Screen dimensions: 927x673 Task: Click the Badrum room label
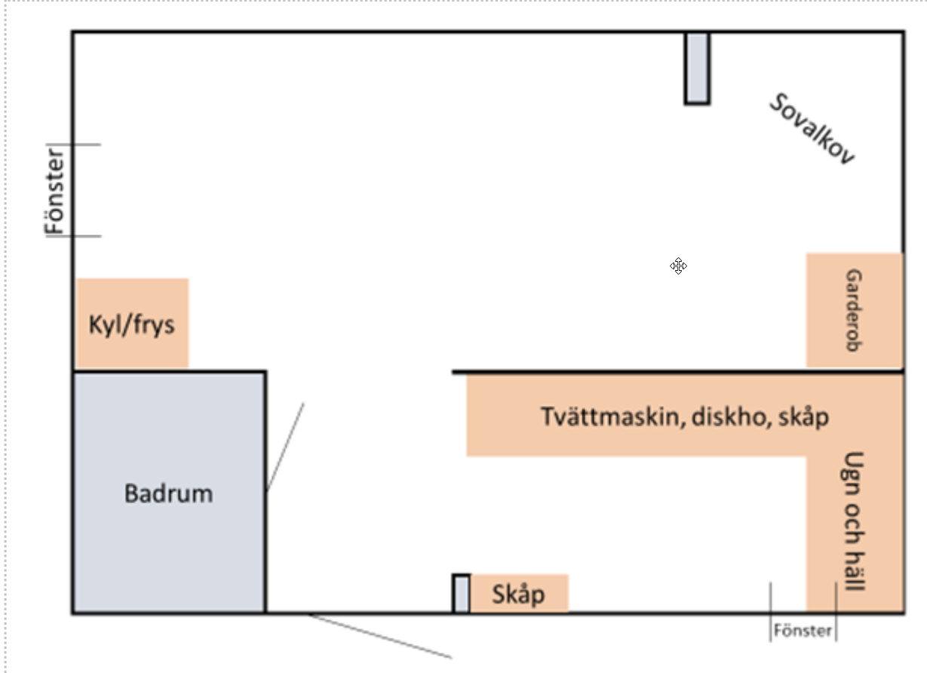[x=169, y=493]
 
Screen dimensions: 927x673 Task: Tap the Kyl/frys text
[x=131, y=325]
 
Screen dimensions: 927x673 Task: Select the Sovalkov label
[x=812, y=129]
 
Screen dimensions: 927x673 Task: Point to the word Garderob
[x=854, y=310]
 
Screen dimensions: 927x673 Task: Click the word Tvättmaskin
[x=611, y=416]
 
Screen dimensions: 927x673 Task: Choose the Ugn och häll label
[x=853, y=521]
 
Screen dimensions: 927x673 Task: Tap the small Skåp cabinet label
[x=518, y=595]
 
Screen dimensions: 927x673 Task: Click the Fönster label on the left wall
[x=54, y=192]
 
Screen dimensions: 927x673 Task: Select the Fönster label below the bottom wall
[x=803, y=630]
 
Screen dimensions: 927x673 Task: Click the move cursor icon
[x=678, y=266]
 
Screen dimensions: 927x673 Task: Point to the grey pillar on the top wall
[x=697, y=68]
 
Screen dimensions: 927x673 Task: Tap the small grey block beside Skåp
[x=462, y=593]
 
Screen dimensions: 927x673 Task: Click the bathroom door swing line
[x=284, y=447]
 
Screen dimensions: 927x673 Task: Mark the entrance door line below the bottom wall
[x=380, y=636]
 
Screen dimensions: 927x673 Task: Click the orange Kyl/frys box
[x=133, y=323]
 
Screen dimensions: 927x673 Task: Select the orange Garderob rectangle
[x=855, y=310]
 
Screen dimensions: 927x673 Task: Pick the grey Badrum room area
[x=169, y=492]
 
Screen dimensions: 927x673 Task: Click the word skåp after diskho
[x=803, y=417]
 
